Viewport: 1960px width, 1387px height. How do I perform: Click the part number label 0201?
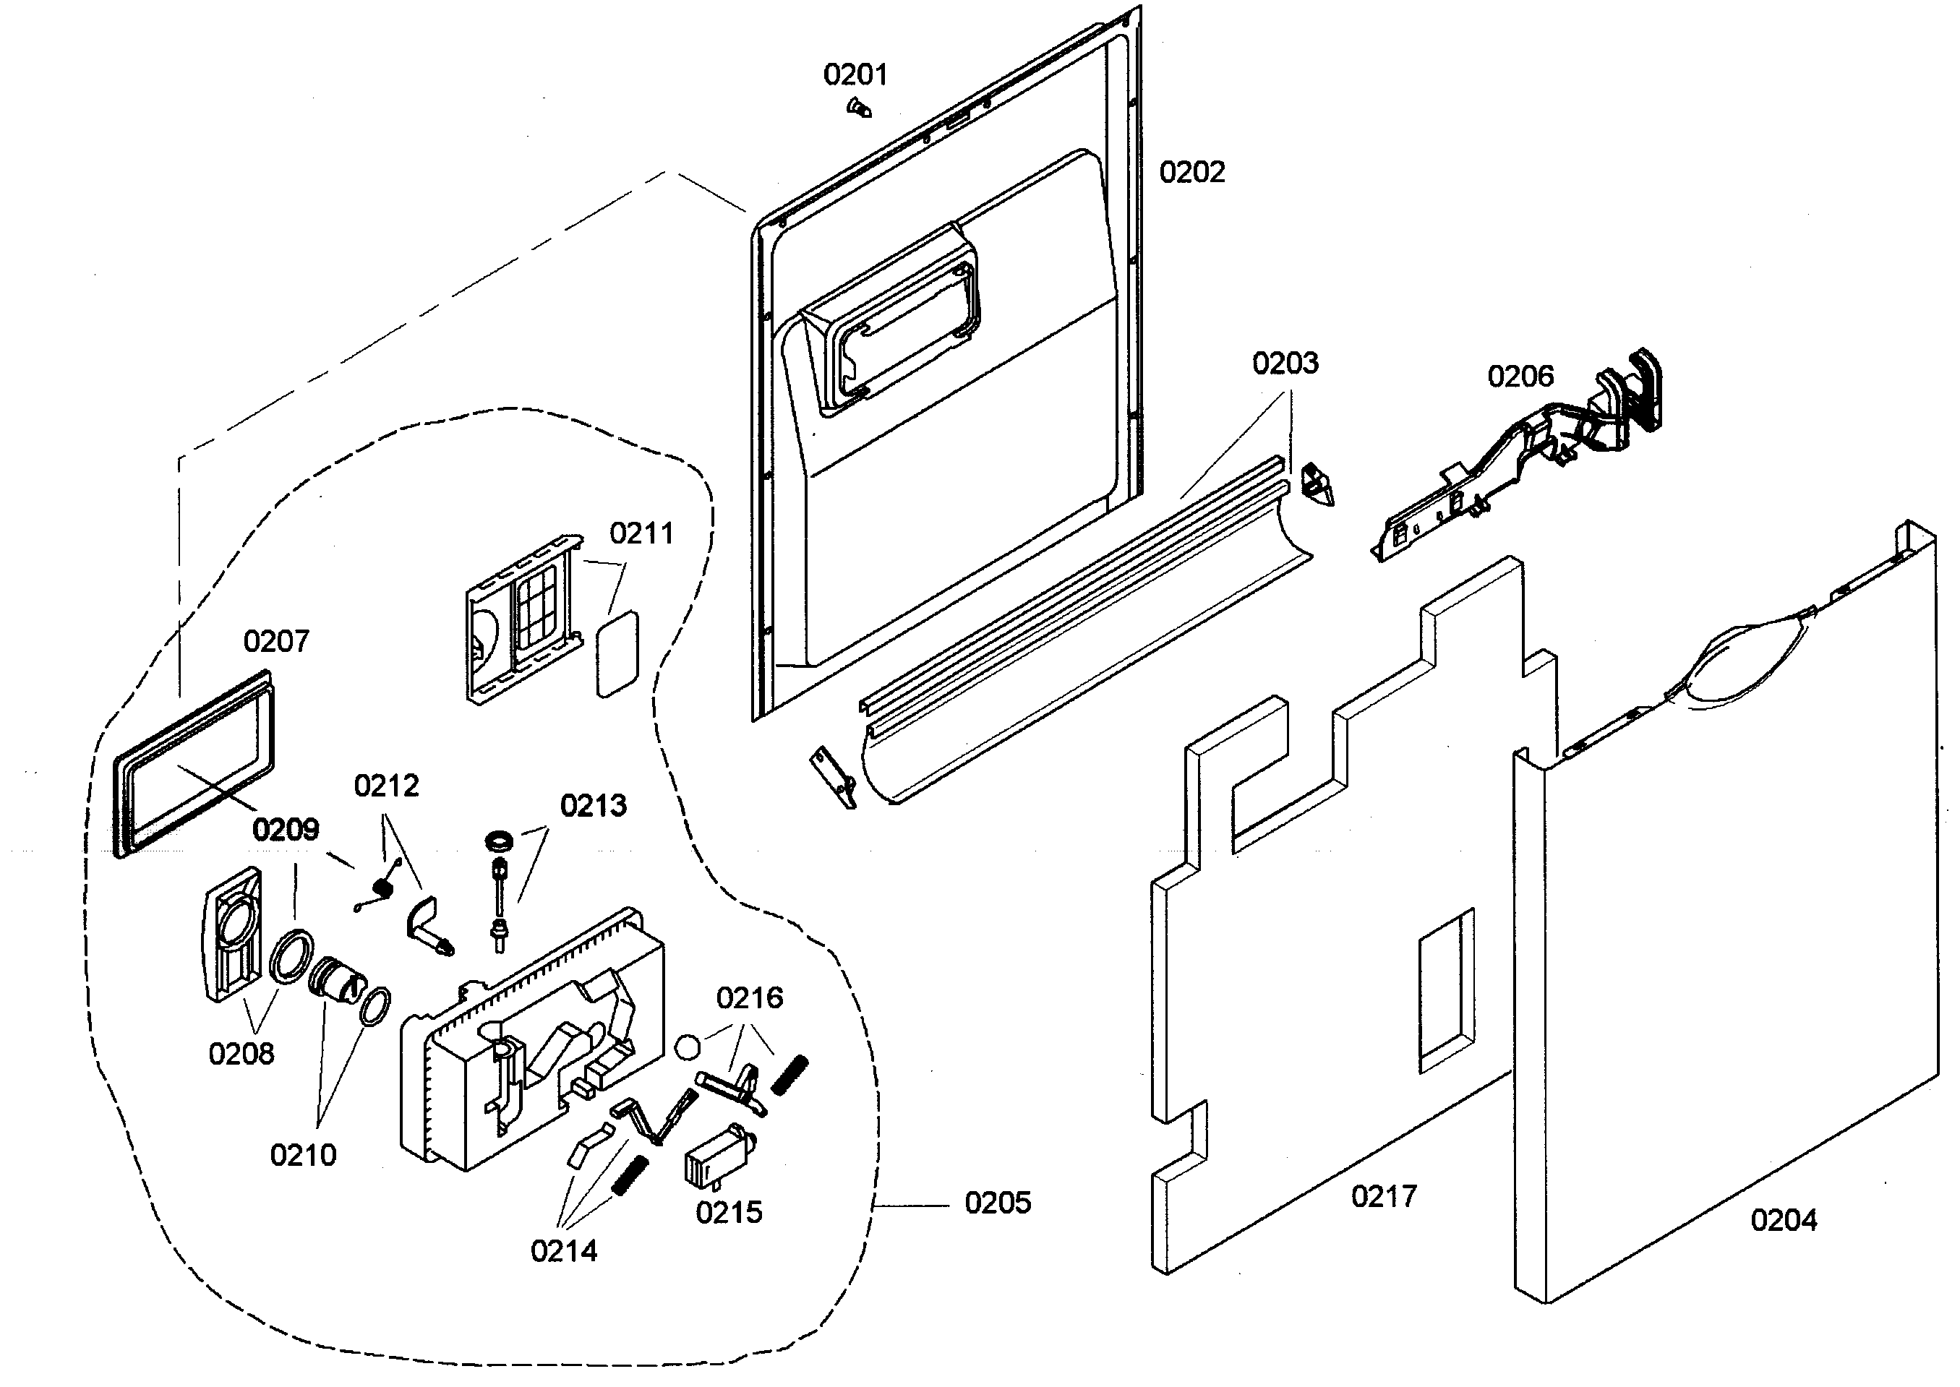(855, 75)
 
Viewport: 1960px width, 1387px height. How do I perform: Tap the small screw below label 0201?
(857, 108)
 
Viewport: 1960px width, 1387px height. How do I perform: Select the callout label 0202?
(1192, 173)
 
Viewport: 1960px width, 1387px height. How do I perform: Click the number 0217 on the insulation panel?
(1383, 1196)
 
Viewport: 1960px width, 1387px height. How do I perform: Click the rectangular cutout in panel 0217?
(1446, 991)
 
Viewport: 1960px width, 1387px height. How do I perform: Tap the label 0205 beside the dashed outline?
(997, 1203)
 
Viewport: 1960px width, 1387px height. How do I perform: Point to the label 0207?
(276, 641)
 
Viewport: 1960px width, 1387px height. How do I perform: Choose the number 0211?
(641, 534)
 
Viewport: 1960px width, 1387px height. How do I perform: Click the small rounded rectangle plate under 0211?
(617, 654)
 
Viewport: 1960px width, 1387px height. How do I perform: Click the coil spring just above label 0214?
(630, 1175)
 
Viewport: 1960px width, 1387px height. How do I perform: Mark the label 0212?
(386, 786)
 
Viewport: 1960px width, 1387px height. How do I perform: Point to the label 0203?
(1284, 364)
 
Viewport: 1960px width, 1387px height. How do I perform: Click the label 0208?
(241, 1054)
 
